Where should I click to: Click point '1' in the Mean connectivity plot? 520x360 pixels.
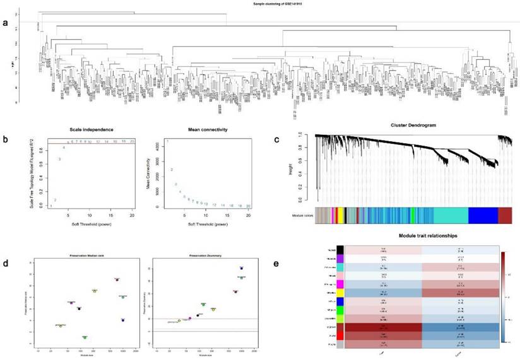coord(167,141)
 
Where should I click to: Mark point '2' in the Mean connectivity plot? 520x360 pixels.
coord(172,170)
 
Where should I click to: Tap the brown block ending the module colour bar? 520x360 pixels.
coord(505,214)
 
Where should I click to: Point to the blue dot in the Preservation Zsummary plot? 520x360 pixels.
coord(241,269)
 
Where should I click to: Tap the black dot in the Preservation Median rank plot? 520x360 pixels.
coord(80,309)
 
